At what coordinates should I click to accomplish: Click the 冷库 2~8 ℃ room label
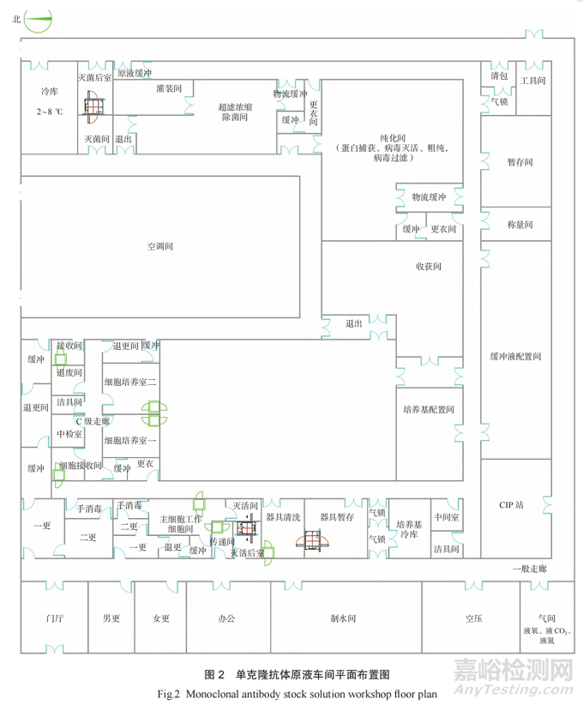pos(49,100)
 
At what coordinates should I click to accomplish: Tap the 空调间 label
pos(160,246)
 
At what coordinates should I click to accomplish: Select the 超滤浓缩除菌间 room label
pos(235,111)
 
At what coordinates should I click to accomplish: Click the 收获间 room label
pos(428,267)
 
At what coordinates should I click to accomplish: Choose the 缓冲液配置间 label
pos(515,356)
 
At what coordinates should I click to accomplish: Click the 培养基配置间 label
pos(428,409)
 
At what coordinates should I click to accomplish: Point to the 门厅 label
pos(56,618)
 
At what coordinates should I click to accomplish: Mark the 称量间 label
pos(520,225)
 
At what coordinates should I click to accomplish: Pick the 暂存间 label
pos(520,161)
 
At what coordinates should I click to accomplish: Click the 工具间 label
pos(533,80)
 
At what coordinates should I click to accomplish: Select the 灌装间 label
pos(169,88)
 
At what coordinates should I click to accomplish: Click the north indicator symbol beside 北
pos(39,20)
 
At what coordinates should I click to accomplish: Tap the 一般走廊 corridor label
pos(529,569)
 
